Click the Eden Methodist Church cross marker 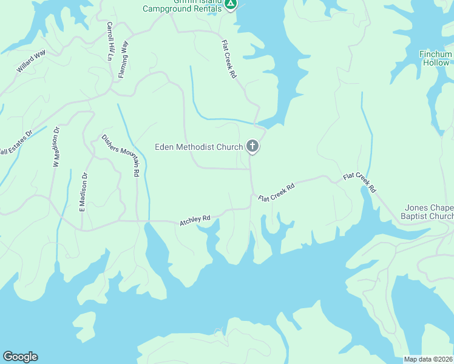(x=252, y=146)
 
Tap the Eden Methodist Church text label (x=198, y=147)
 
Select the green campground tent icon (x=230, y=4)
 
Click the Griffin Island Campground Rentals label (x=182, y=8)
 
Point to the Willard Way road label (x=31, y=62)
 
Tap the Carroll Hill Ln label (x=110, y=41)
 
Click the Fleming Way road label (x=125, y=59)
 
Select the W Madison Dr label (x=56, y=147)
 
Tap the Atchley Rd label (x=195, y=220)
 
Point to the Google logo (x=20, y=357)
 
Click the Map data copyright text (x=429, y=359)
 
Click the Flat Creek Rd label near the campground (x=229, y=59)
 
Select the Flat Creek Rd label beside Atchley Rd (x=276, y=192)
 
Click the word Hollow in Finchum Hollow (x=436, y=62)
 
